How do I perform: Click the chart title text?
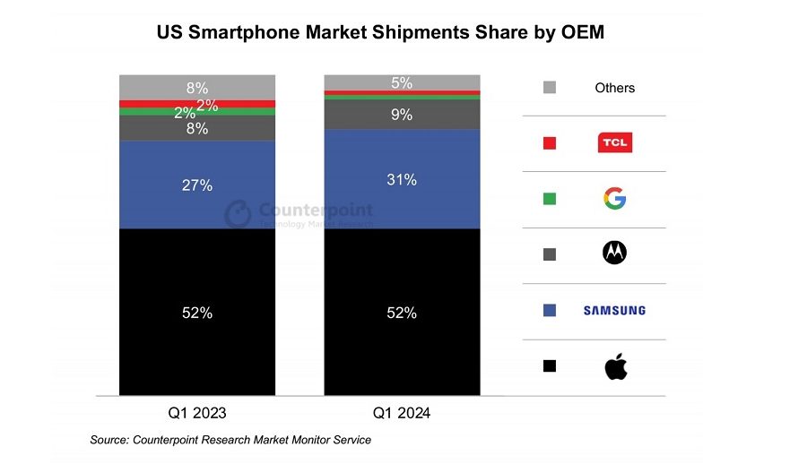(x=380, y=34)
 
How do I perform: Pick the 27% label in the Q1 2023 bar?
(x=197, y=185)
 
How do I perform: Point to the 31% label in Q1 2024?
(x=402, y=180)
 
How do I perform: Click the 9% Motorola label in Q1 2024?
(x=402, y=115)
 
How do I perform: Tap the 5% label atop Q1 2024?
(x=402, y=83)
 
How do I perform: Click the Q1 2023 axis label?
(x=197, y=413)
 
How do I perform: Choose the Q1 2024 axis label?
(x=402, y=413)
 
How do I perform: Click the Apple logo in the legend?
(x=615, y=365)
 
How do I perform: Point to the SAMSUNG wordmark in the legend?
(x=614, y=311)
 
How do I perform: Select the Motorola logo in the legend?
(x=615, y=253)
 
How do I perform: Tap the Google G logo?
(x=615, y=198)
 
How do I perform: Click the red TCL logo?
(x=615, y=142)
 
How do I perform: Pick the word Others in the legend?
(x=615, y=88)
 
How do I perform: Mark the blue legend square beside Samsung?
(x=550, y=310)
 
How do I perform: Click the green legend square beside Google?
(x=550, y=198)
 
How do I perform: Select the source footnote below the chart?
(x=230, y=440)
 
